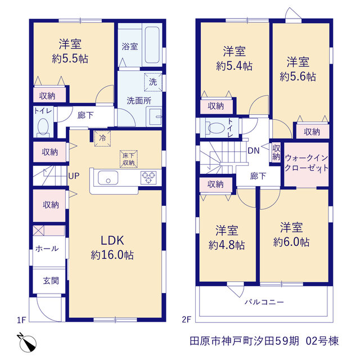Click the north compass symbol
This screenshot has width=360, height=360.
click(27, 343)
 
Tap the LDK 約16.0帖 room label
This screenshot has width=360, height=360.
click(112, 247)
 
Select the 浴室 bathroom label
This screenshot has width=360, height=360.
click(130, 47)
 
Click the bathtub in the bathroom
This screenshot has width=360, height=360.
click(152, 45)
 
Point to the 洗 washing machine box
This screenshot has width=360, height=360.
click(153, 82)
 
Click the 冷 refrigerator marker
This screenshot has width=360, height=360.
click(102, 138)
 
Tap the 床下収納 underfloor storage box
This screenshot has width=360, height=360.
click(129, 159)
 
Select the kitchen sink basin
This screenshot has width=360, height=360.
click(108, 178)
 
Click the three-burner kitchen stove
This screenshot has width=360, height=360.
click(148, 178)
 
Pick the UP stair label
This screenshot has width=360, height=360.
click(74, 176)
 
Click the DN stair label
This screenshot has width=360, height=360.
click(254, 151)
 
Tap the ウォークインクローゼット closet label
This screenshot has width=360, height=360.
click(306, 163)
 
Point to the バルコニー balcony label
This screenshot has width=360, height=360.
click(264, 302)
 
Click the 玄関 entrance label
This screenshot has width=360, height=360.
click(51, 281)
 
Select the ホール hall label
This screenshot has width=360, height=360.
click(47, 249)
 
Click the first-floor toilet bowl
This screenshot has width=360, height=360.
click(43, 126)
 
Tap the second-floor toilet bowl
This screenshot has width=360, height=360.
click(216, 128)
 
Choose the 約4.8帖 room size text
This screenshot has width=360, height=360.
click(227, 245)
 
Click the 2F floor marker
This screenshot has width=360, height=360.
click(186, 319)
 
